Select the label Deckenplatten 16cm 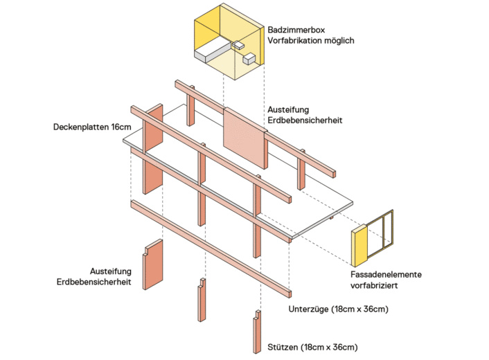click(93, 127)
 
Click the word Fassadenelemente click(386, 274)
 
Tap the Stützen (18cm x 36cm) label click(314, 346)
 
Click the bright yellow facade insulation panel click(358, 247)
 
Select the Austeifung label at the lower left click(111, 271)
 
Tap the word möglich click(339, 41)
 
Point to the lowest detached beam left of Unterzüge click(208, 246)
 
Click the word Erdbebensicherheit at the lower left click(95, 282)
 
